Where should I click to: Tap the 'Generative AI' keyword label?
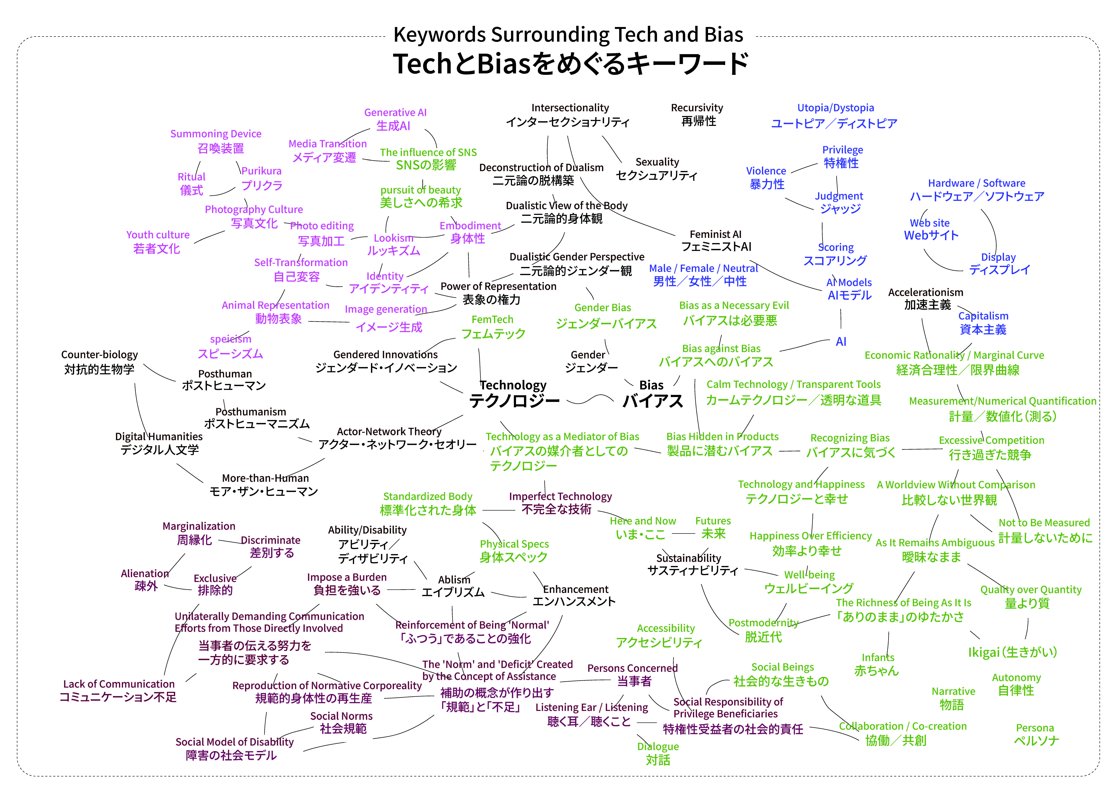point(395,113)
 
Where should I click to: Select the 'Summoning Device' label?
point(216,134)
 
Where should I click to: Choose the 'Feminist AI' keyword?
point(716,234)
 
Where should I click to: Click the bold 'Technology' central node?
point(513,385)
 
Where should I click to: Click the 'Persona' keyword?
point(1035,728)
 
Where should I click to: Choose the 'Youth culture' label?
point(158,235)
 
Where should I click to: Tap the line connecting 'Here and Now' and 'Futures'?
point(684,534)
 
